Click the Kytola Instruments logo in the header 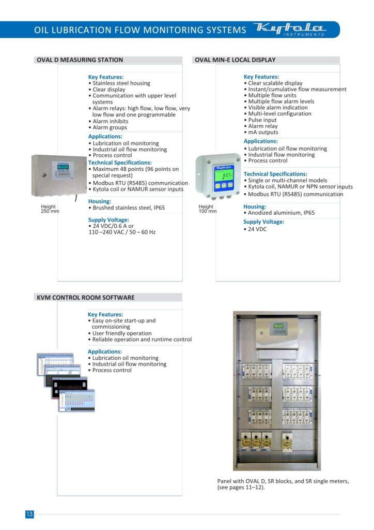(291, 30)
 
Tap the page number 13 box (29, 514)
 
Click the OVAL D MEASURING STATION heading (80, 60)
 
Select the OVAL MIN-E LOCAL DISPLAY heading (235, 60)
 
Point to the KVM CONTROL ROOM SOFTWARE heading (86, 298)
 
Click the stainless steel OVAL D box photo (59, 176)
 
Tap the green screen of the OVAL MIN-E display (224, 177)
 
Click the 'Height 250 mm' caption (50, 209)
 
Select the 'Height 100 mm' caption (208, 209)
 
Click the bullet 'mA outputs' (263, 132)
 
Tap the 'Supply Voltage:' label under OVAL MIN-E (263, 222)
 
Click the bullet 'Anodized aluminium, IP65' (281, 213)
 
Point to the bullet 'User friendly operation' (122, 333)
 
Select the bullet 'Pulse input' (262, 120)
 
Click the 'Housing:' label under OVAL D (99, 201)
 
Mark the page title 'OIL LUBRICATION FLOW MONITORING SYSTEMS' (140, 30)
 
